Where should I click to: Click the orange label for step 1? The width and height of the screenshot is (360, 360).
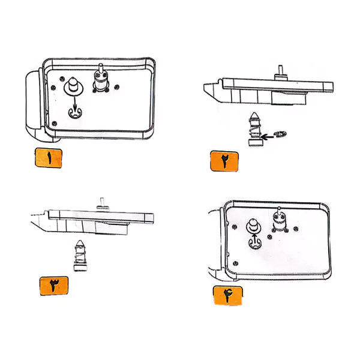pyautogui.click(x=49, y=158)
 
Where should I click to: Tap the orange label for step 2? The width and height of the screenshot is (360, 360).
pyautogui.click(x=224, y=161)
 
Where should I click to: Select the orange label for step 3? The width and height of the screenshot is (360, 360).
pyautogui.click(x=54, y=286)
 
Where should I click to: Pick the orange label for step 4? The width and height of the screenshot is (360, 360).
pyautogui.click(x=227, y=296)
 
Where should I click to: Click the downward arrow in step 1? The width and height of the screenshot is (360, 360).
pyautogui.click(x=74, y=104)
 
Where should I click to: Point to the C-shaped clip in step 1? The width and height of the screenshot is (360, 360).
pyautogui.click(x=75, y=113)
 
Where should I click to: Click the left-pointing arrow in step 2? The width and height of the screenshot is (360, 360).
pyautogui.click(x=267, y=137)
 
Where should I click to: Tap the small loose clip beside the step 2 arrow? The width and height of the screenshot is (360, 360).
pyautogui.click(x=280, y=134)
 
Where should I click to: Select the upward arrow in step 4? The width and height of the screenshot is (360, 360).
pyautogui.click(x=254, y=239)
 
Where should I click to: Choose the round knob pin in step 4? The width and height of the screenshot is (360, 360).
pyautogui.click(x=253, y=226)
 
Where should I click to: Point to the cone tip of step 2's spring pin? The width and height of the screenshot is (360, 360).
pyautogui.click(x=254, y=115)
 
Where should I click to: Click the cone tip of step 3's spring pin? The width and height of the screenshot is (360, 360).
pyautogui.click(x=80, y=243)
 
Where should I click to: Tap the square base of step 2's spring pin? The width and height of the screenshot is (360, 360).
pyautogui.click(x=256, y=142)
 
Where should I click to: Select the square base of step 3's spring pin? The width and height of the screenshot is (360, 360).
pyautogui.click(x=80, y=268)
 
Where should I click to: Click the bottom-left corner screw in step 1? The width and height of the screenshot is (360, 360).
pyautogui.click(x=55, y=124)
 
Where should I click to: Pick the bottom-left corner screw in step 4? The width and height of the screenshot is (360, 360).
pyautogui.click(x=235, y=263)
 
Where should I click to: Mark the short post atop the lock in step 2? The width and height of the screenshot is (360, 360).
pyautogui.click(x=280, y=70)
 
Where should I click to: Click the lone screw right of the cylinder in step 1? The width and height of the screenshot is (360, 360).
pyautogui.click(x=117, y=87)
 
